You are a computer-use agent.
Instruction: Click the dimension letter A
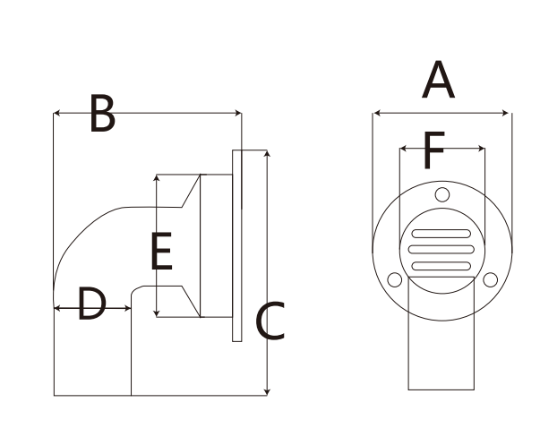[439, 81]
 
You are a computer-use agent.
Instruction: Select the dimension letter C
[270, 321]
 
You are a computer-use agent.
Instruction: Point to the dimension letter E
[161, 252]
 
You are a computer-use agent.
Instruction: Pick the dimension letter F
[433, 151]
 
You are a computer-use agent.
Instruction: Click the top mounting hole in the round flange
[441, 194]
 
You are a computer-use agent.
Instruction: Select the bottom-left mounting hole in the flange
[392, 279]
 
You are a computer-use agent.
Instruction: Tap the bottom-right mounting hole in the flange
[490, 279]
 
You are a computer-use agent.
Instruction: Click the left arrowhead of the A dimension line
[376, 114]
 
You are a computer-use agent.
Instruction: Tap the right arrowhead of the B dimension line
[238, 112]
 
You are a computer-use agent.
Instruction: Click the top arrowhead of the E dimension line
[157, 178]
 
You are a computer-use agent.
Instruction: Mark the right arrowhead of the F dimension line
[481, 148]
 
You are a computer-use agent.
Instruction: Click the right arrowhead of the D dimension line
[128, 307]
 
